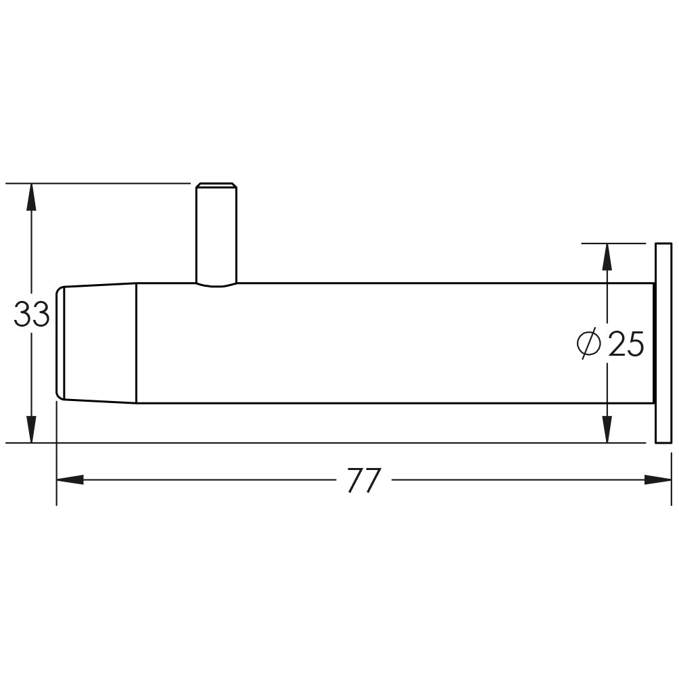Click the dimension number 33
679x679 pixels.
32,315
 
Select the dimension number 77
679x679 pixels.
365,481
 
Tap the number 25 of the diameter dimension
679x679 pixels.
626,344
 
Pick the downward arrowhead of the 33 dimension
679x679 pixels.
30,430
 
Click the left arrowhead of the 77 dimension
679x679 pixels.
70,479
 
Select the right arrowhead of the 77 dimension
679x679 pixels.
657,479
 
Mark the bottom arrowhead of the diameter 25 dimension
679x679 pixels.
607,430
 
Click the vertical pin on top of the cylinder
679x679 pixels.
216,233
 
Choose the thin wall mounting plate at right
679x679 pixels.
663,343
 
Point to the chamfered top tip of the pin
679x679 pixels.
216,185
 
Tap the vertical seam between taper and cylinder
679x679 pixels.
137,343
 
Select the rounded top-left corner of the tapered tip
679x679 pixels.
59,290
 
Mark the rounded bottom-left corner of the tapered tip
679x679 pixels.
59,396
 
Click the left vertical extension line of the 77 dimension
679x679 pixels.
56,453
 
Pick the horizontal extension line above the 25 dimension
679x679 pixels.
612,243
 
